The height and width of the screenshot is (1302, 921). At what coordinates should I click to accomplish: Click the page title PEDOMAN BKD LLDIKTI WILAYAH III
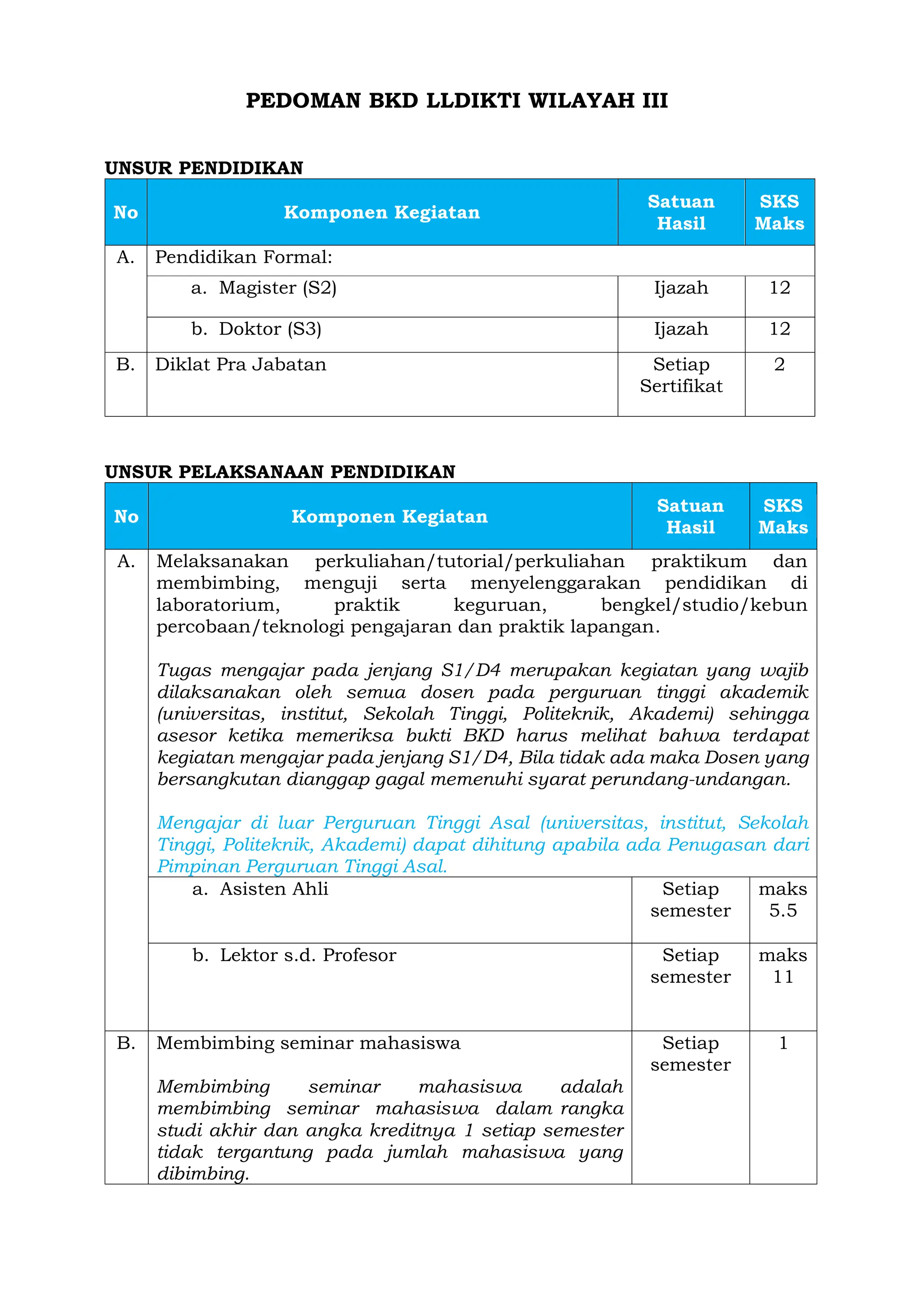point(456,101)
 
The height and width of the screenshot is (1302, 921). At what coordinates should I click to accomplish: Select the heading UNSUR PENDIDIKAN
point(204,168)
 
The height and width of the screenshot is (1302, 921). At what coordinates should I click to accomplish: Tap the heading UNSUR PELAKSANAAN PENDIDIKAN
point(280,472)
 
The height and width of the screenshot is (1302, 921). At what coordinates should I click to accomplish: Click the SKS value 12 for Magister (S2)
point(779,288)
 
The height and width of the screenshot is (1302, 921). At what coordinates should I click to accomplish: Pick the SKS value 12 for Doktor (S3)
point(779,329)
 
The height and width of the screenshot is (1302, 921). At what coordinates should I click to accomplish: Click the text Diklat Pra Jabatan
point(241,365)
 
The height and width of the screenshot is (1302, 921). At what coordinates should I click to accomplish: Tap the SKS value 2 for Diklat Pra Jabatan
point(779,365)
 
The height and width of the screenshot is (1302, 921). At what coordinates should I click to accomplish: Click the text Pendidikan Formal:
point(243,257)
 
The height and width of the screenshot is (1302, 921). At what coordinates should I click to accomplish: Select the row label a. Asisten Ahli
point(261,889)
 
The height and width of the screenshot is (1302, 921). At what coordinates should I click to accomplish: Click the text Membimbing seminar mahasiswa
point(308,1043)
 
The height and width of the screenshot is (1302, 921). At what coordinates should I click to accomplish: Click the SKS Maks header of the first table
point(779,212)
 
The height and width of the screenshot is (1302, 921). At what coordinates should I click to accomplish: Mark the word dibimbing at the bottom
point(202,1173)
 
